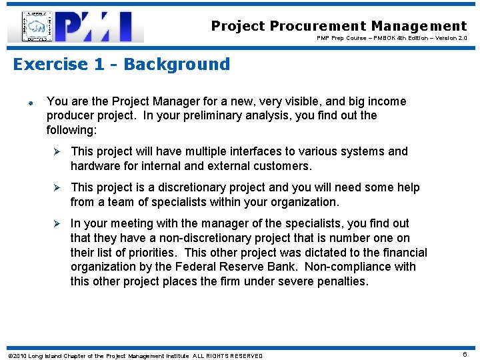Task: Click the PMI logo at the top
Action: click(x=76, y=27)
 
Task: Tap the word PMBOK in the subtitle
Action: click(x=395, y=38)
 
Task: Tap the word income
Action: click(x=382, y=101)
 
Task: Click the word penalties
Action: click(x=338, y=281)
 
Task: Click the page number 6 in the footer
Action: click(x=464, y=355)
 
